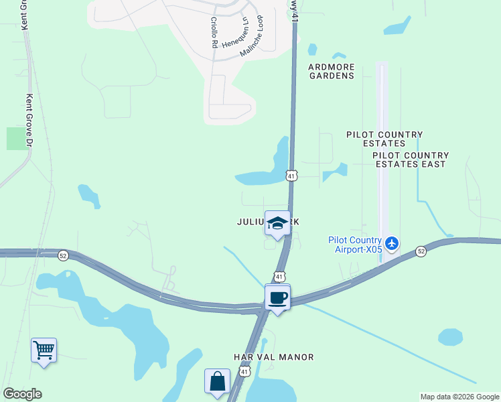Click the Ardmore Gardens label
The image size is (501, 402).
[331, 71]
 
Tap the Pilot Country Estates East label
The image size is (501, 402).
[410, 159]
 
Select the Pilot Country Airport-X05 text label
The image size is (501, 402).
[354, 245]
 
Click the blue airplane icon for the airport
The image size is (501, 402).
[392, 243]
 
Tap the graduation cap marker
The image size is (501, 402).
[277, 224]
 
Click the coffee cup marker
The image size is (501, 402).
[277, 297]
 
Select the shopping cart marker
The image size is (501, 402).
[44, 350]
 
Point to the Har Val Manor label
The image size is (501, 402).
[273, 357]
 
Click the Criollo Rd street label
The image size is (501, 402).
[214, 32]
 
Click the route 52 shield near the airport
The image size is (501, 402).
[420, 251]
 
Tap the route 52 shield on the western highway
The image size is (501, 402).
[63, 255]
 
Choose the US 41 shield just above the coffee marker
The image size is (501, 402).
[279, 276]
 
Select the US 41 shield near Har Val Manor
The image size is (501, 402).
[245, 371]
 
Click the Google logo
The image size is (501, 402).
[22, 394]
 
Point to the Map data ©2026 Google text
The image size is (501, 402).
[459, 397]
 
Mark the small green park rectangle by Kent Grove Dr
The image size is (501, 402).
[15, 138]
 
